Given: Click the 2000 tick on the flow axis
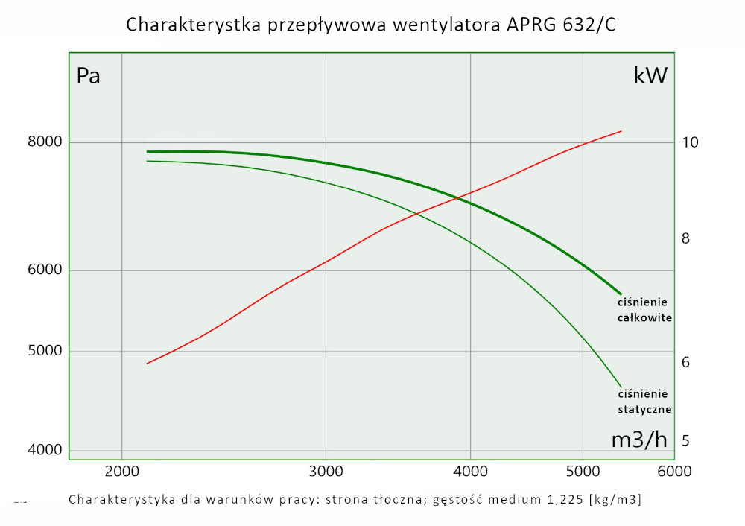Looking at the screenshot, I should (x=121, y=471).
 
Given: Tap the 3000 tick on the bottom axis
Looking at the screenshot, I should (x=326, y=471).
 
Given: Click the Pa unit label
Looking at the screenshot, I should (x=88, y=76).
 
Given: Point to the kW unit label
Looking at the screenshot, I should (x=650, y=75).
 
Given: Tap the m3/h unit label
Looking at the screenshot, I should (x=638, y=440).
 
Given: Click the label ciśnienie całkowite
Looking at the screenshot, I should (x=644, y=310).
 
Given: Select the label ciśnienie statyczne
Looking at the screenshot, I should (x=645, y=402).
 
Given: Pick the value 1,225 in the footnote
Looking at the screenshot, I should (x=562, y=499).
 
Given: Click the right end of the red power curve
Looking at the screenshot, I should (x=621, y=131).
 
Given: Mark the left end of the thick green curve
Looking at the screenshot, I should (x=147, y=152).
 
